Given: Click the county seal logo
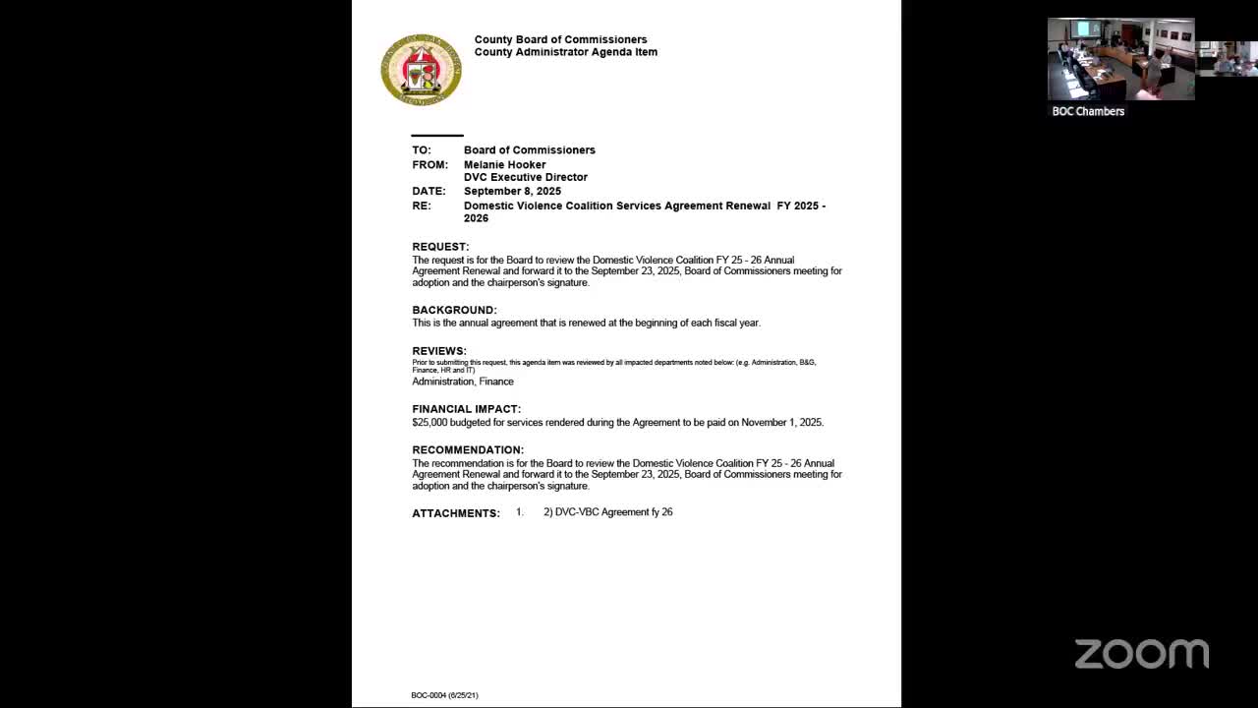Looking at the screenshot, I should [x=421, y=70].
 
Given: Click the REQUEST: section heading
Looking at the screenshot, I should [x=440, y=247].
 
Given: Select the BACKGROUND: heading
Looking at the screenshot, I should [x=454, y=310].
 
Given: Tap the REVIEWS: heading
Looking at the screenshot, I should [x=439, y=351].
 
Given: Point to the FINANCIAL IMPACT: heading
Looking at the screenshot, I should [x=466, y=409].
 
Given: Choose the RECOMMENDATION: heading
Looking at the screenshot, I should [x=468, y=450].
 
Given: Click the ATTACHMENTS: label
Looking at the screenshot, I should [x=456, y=513].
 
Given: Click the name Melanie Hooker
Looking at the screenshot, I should [x=504, y=165].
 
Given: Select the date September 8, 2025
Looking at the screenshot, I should [x=512, y=191].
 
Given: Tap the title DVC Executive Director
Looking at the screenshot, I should [x=526, y=178].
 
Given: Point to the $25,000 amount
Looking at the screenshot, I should [x=429, y=423].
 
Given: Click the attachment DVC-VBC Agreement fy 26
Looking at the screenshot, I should [x=613, y=512].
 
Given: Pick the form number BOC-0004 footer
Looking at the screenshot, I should [x=444, y=695].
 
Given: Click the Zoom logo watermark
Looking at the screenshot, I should [x=1141, y=654].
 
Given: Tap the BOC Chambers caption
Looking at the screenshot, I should [x=1088, y=111].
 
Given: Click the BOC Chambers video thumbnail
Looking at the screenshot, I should [x=1120, y=59].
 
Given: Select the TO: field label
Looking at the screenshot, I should [x=422, y=150].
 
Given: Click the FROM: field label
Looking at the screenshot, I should [x=429, y=165].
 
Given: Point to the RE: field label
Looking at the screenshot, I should [x=422, y=206].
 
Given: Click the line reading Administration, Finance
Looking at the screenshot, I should [x=463, y=382].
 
